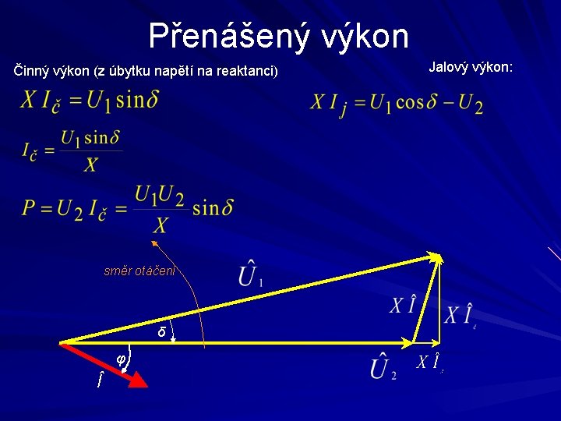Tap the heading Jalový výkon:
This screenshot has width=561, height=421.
471,68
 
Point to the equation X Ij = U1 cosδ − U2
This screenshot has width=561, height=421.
397,104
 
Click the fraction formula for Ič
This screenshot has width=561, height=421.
72,150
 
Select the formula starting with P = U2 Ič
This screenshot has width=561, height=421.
128,207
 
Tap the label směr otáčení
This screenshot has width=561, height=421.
140,271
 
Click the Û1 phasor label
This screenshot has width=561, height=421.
249,275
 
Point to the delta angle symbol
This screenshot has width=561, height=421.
161,332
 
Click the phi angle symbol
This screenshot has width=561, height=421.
121,359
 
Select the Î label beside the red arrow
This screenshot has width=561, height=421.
98,380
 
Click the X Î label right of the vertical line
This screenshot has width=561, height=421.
460,316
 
